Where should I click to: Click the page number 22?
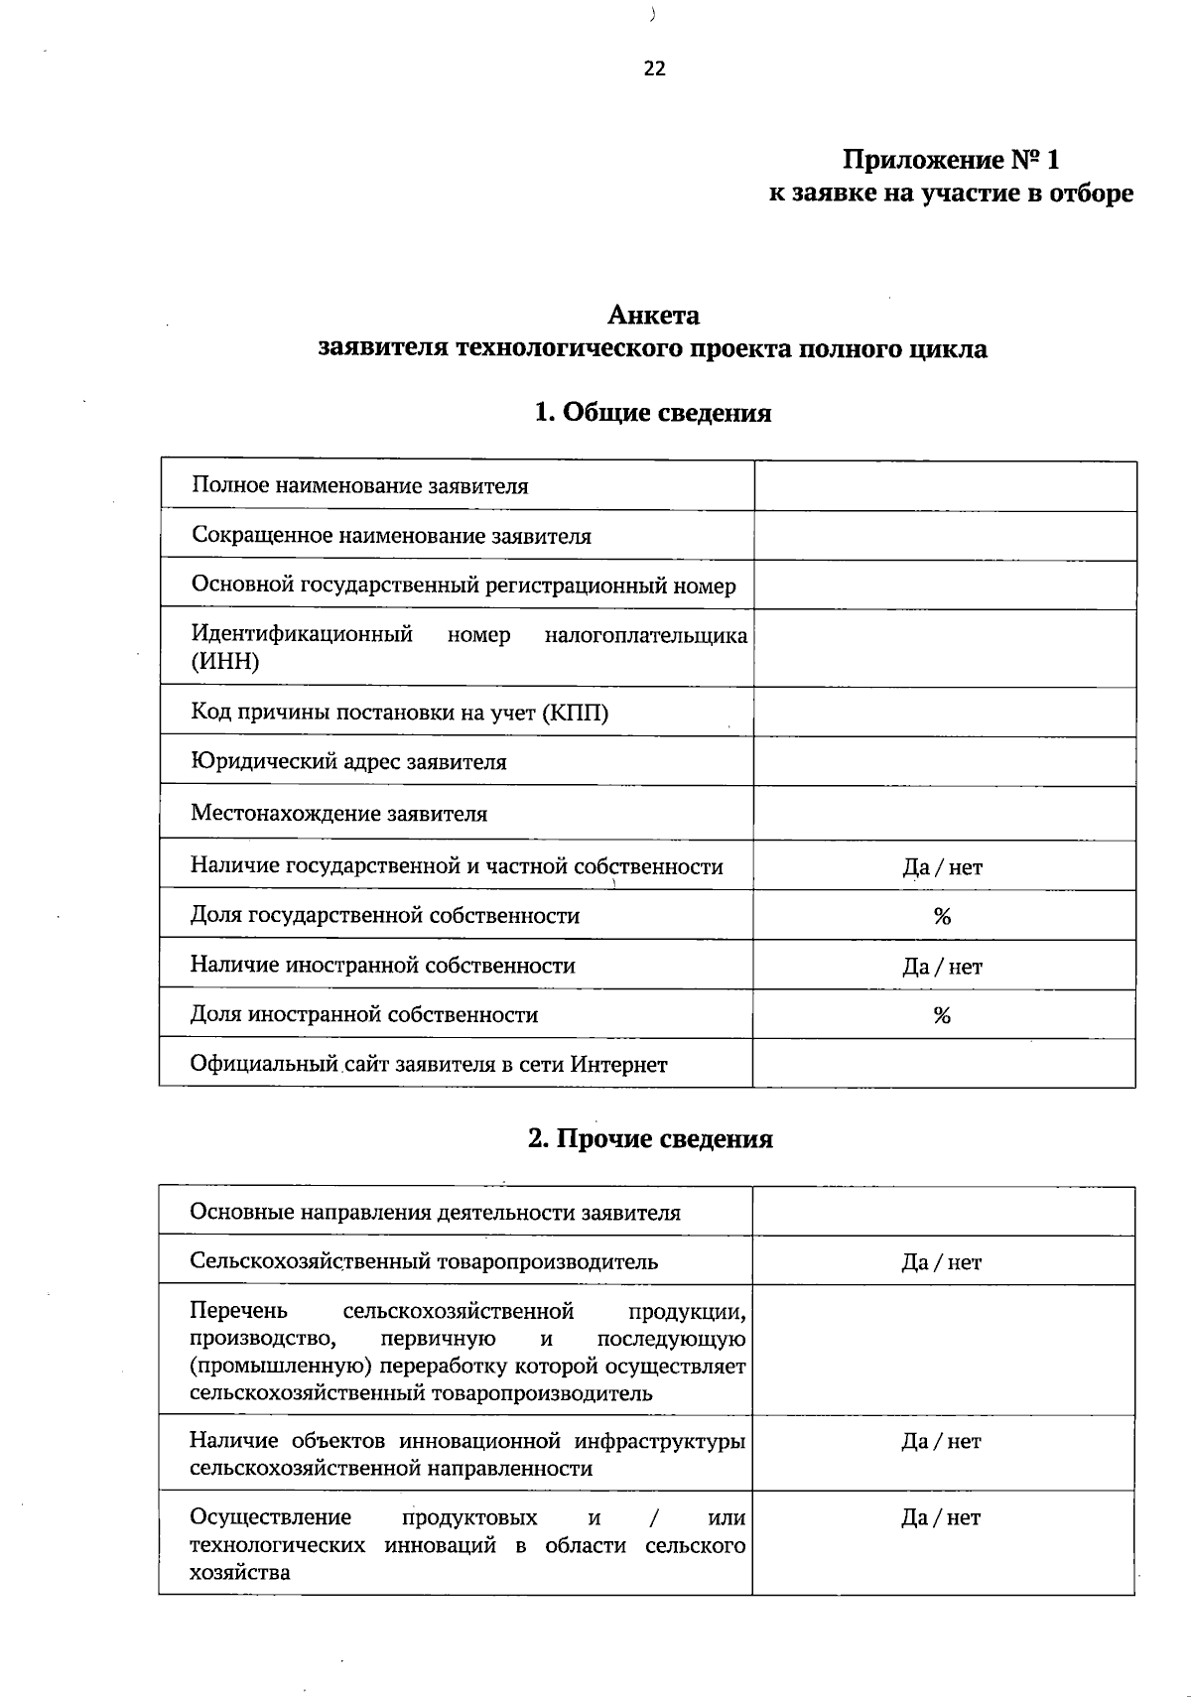pyautogui.click(x=654, y=68)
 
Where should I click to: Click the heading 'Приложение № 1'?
pyautogui.click(x=951, y=160)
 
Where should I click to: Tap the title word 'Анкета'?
pyautogui.click(x=653, y=316)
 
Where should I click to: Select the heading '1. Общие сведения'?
pyautogui.click(x=652, y=413)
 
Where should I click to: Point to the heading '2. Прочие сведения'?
pyautogui.click(x=650, y=1138)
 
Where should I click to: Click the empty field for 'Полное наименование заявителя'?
pyautogui.click(x=944, y=486)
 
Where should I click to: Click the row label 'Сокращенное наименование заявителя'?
pyautogui.click(x=391, y=537)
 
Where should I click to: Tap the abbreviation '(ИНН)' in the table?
pyautogui.click(x=225, y=662)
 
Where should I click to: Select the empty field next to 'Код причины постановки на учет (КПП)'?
pyautogui.click(x=944, y=713)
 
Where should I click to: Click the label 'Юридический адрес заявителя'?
pyautogui.click(x=348, y=762)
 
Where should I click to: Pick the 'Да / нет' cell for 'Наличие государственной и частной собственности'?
pyautogui.click(x=942, y=867)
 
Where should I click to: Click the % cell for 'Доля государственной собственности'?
pyautogui.click(x=942, y=916)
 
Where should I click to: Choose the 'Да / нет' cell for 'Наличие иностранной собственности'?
pyautogui.click(x=942, y=967)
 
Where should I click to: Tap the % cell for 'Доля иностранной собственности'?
pyautogui.click(x=942, y=1015)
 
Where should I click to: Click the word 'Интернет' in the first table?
pyautogui.click(x=618, y=1065)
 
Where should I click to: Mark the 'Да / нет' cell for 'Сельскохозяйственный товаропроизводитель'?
pyautogui.click(x=941, y=1262)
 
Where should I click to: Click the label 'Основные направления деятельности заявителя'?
pyautogui.click(x=435, y=1213)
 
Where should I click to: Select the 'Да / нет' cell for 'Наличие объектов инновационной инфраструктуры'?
pyautogui.click(x=941, y=1441)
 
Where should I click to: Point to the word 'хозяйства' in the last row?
pyautogui.click(x=239, y=1572)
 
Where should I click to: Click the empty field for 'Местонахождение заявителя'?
pyautogui.click(x=944, y=814)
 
